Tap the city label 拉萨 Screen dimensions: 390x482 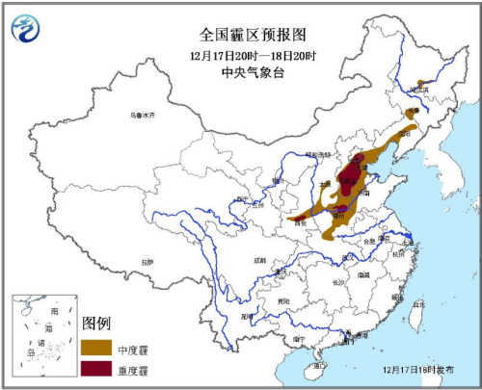pyautogui.click(x=146, y=261)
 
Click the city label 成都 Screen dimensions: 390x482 pyautogui.click(x=258, y=260)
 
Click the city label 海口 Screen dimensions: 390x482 pyautogui.click(x=319, y=366)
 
